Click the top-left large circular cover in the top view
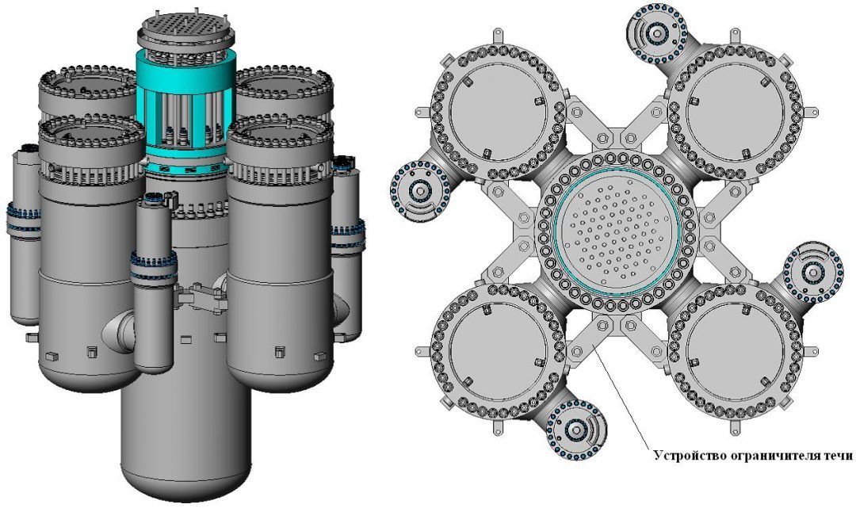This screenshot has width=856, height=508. pyautogui.click(x=497, y=113)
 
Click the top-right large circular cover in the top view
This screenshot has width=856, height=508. pyautogui.click(x=734, y=113)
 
